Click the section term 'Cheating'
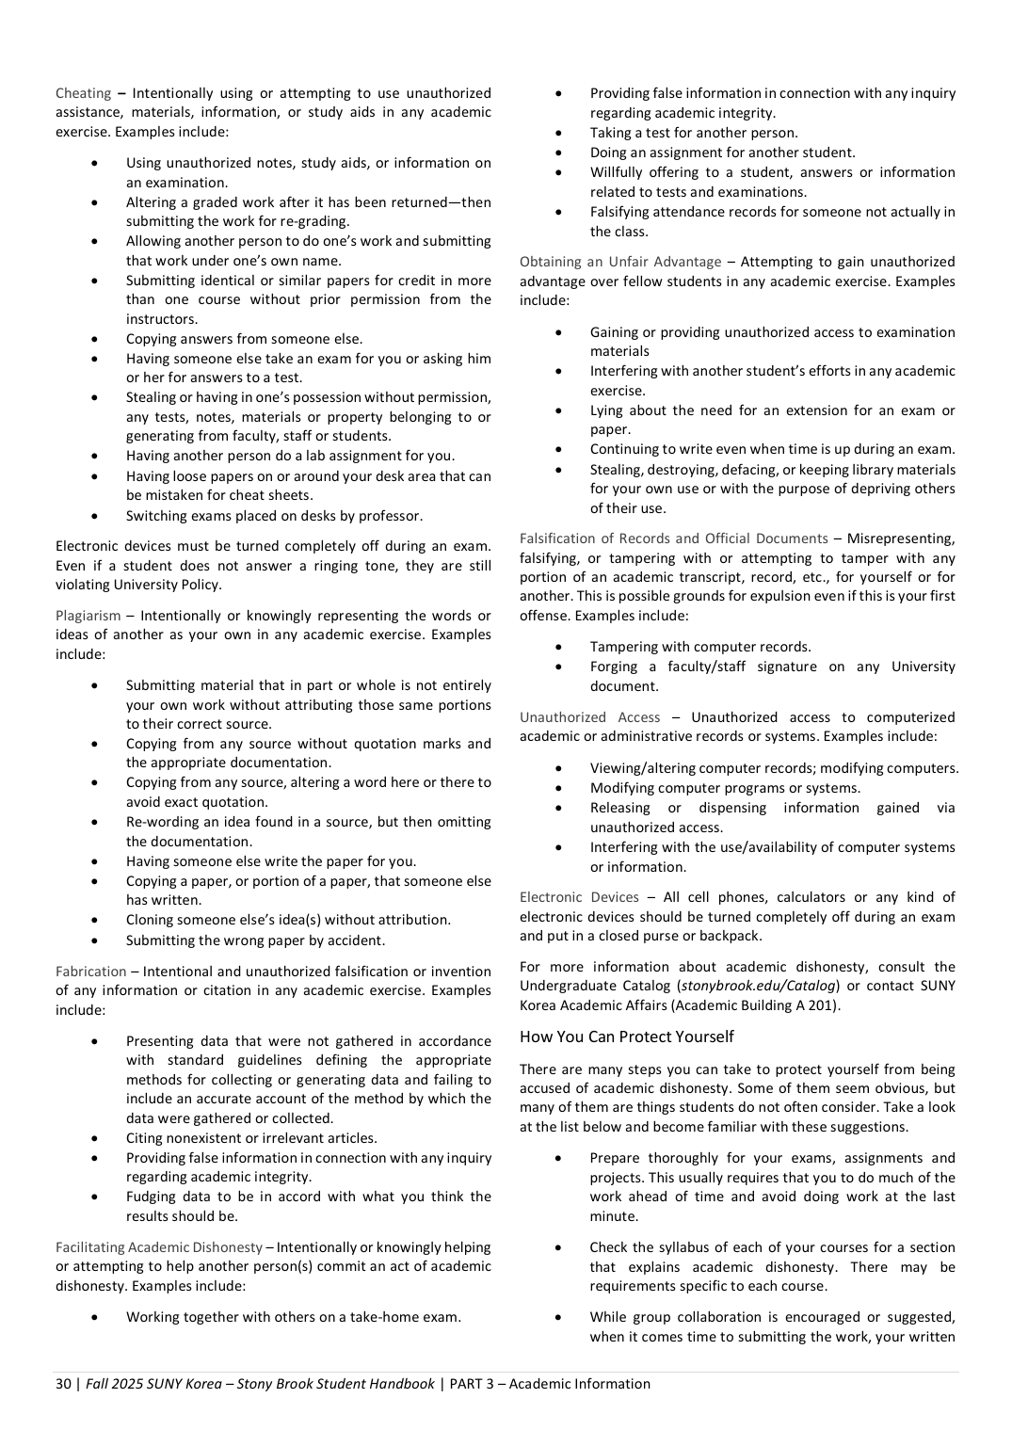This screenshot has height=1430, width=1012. (x=83, y=93)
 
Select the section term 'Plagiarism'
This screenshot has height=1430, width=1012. (x=88, y=616)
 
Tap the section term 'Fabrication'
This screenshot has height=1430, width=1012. (x=90, y=972)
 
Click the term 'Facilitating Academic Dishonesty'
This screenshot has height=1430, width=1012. (x=158, y=1247)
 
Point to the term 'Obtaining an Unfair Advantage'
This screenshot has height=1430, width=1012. (x=619, y=262)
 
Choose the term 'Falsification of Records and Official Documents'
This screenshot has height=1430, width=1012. (x=673, y=538)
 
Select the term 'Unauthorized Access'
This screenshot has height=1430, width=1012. (x=589, y=717)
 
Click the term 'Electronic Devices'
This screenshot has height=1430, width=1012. (x=578, y=897)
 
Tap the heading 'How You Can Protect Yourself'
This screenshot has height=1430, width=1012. (x=626, y=1036)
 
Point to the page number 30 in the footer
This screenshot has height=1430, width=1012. (x=63, y=1384)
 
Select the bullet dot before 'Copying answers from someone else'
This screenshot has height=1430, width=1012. (x=95, y=339)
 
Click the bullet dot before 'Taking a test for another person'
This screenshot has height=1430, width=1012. (x=559, y=133)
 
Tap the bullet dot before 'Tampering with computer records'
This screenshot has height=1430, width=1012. (x=559, y=647)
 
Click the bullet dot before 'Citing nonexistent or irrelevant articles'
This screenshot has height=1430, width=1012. (x=95, y=1138)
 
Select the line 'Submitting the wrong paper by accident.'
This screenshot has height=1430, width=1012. (x=255, y=940)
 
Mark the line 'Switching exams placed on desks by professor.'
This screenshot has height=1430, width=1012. (x=274, y=516)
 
